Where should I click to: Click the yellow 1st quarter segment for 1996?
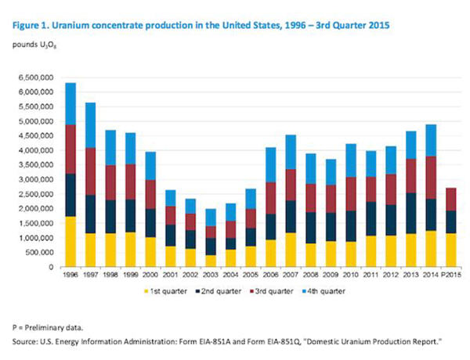click(x=70, y=242)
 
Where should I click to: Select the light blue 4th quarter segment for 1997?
click(x=91, y=125)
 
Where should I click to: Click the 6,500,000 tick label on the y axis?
click(x=34, y=77)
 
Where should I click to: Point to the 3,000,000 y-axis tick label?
click(x=34, y=179)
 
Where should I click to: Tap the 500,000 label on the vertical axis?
click(x=38, y=252)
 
